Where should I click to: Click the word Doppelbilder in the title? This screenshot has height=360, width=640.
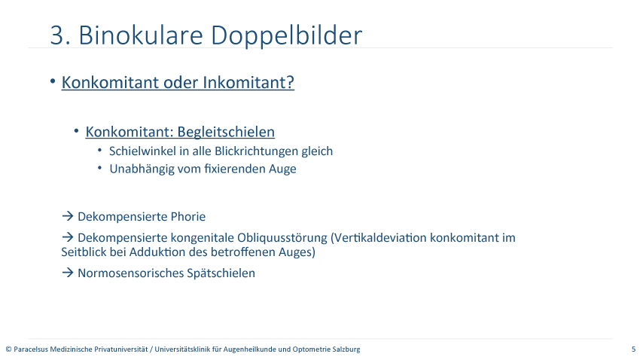286,35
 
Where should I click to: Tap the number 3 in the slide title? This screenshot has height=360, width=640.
58,35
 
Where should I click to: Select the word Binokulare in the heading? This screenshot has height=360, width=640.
140,35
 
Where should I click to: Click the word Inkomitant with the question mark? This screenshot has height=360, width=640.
248,82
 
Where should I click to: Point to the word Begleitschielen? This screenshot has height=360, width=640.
226,132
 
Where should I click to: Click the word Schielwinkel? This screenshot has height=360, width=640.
143,151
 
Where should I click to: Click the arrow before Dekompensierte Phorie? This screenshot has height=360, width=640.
67,216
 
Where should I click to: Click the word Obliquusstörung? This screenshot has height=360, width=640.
282,238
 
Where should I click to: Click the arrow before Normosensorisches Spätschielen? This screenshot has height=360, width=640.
67,272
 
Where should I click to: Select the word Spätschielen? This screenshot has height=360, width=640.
221,273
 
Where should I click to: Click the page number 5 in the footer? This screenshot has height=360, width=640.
633,349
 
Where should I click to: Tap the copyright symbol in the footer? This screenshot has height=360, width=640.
8,349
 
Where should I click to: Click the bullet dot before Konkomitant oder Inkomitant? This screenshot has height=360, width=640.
53,81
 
